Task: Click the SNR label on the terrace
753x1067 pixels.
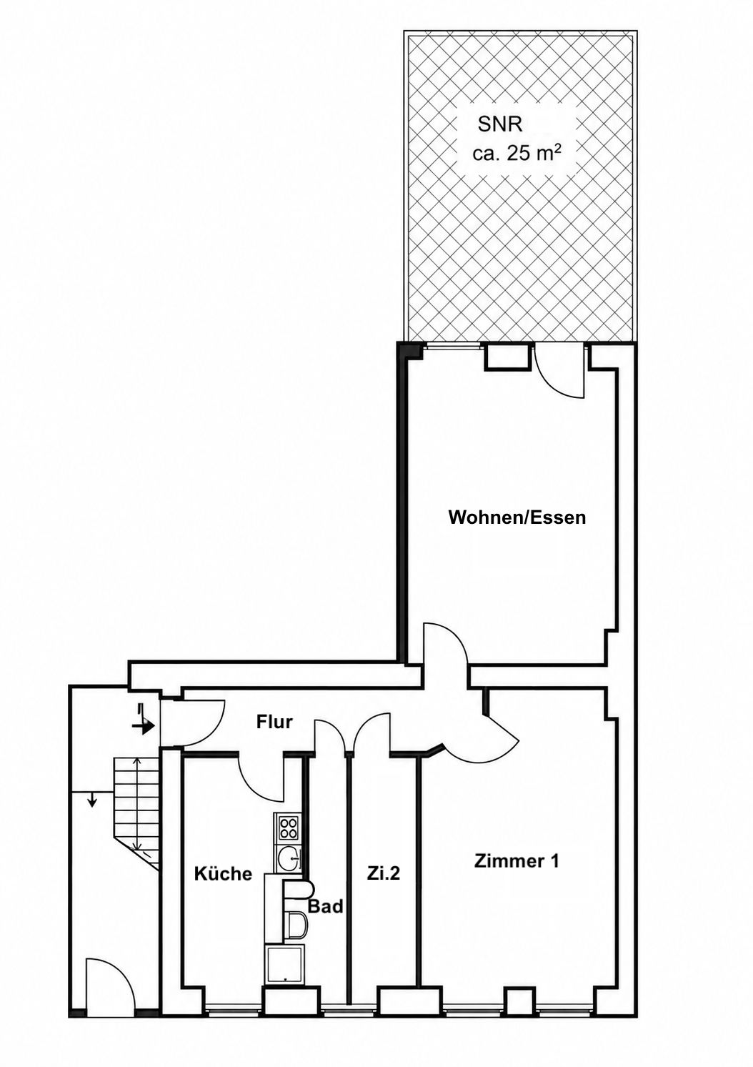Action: (500, 125)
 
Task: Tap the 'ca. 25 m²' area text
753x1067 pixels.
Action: (517, 154)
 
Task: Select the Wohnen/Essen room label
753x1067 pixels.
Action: (517, 517)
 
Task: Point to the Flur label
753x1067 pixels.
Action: (274, 722)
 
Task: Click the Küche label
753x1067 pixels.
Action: (223, 873)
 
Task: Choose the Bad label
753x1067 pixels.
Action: (326, 906)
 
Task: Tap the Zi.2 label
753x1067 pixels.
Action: (384, 873)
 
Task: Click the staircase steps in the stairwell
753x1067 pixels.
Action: (136, 810)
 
